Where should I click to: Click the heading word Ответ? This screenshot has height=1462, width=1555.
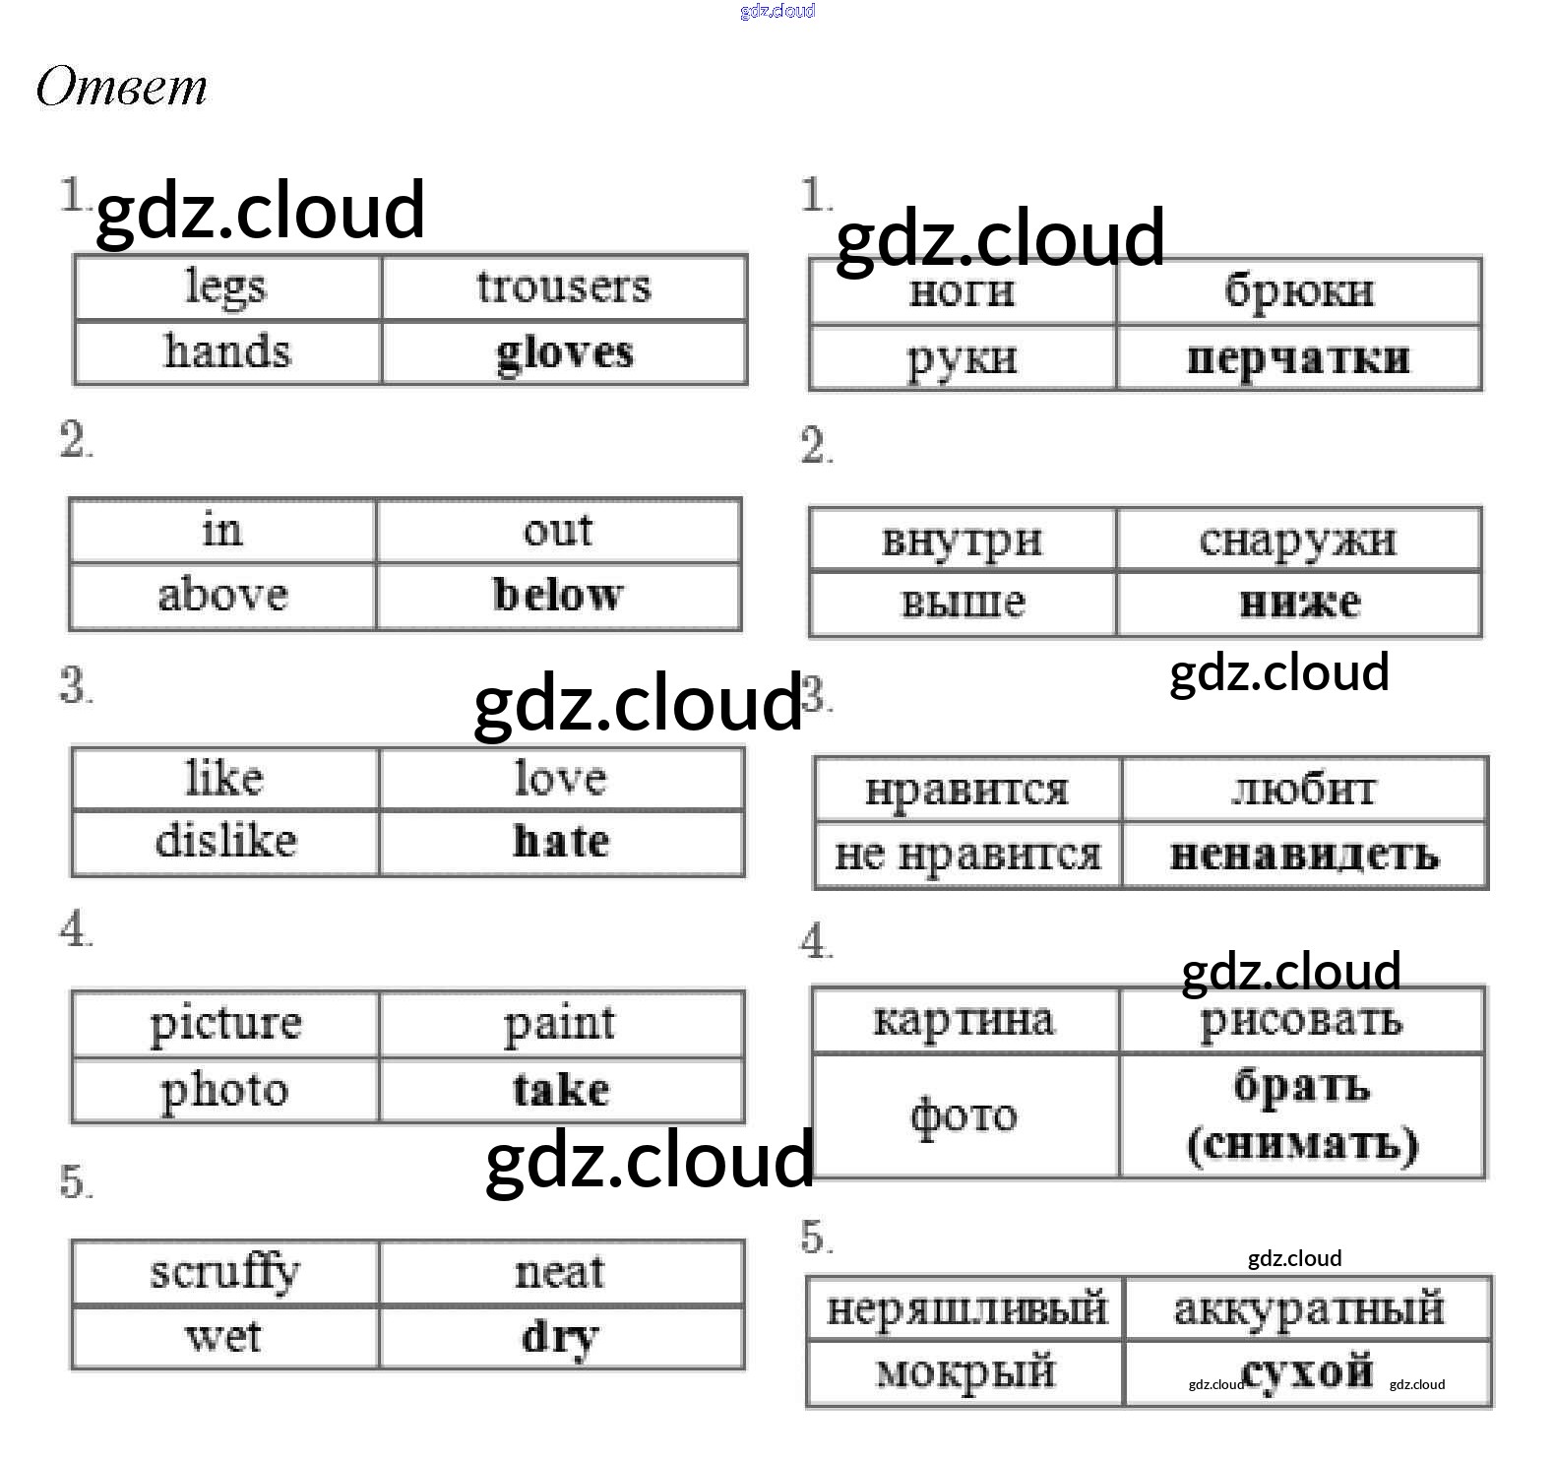(x=121, y=87)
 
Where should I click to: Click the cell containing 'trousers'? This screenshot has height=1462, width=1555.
(x=563, y=287)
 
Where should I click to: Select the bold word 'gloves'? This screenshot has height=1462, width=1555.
(x=564, y=353)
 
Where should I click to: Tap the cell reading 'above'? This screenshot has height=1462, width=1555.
(x=223, y=596)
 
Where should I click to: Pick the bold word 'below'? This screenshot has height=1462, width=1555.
(x=558, y=595)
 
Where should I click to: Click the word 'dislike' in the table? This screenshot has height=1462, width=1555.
(x=225, y=842)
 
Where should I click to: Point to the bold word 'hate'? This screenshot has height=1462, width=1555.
(x=561, y=842)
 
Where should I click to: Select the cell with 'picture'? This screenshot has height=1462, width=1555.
(x=225, y=1024)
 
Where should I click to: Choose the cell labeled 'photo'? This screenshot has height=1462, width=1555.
(x=225, y=1091)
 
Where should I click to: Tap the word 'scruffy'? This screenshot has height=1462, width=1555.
(x=225, y=1272)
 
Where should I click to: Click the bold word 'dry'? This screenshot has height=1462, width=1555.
(x=560, y=1337)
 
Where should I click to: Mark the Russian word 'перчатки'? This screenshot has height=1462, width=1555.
(x=1298, y=358)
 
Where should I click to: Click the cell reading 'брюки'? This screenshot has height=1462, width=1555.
(x=1298, y=291)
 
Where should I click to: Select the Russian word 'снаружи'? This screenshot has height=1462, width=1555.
(x=1297, y=540)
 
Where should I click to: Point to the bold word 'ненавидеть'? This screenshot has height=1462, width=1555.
(x=1304, y=856)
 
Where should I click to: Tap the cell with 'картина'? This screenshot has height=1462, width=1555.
(x=964, y=1020)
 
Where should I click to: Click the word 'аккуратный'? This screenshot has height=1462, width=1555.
(x=1308, y=1309)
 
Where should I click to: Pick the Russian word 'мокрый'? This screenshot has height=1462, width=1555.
(x=964, y=1372)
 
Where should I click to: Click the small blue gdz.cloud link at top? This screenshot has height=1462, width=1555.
(x=777, y=11)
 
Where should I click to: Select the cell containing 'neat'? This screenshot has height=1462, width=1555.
(x=560, y=1272)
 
